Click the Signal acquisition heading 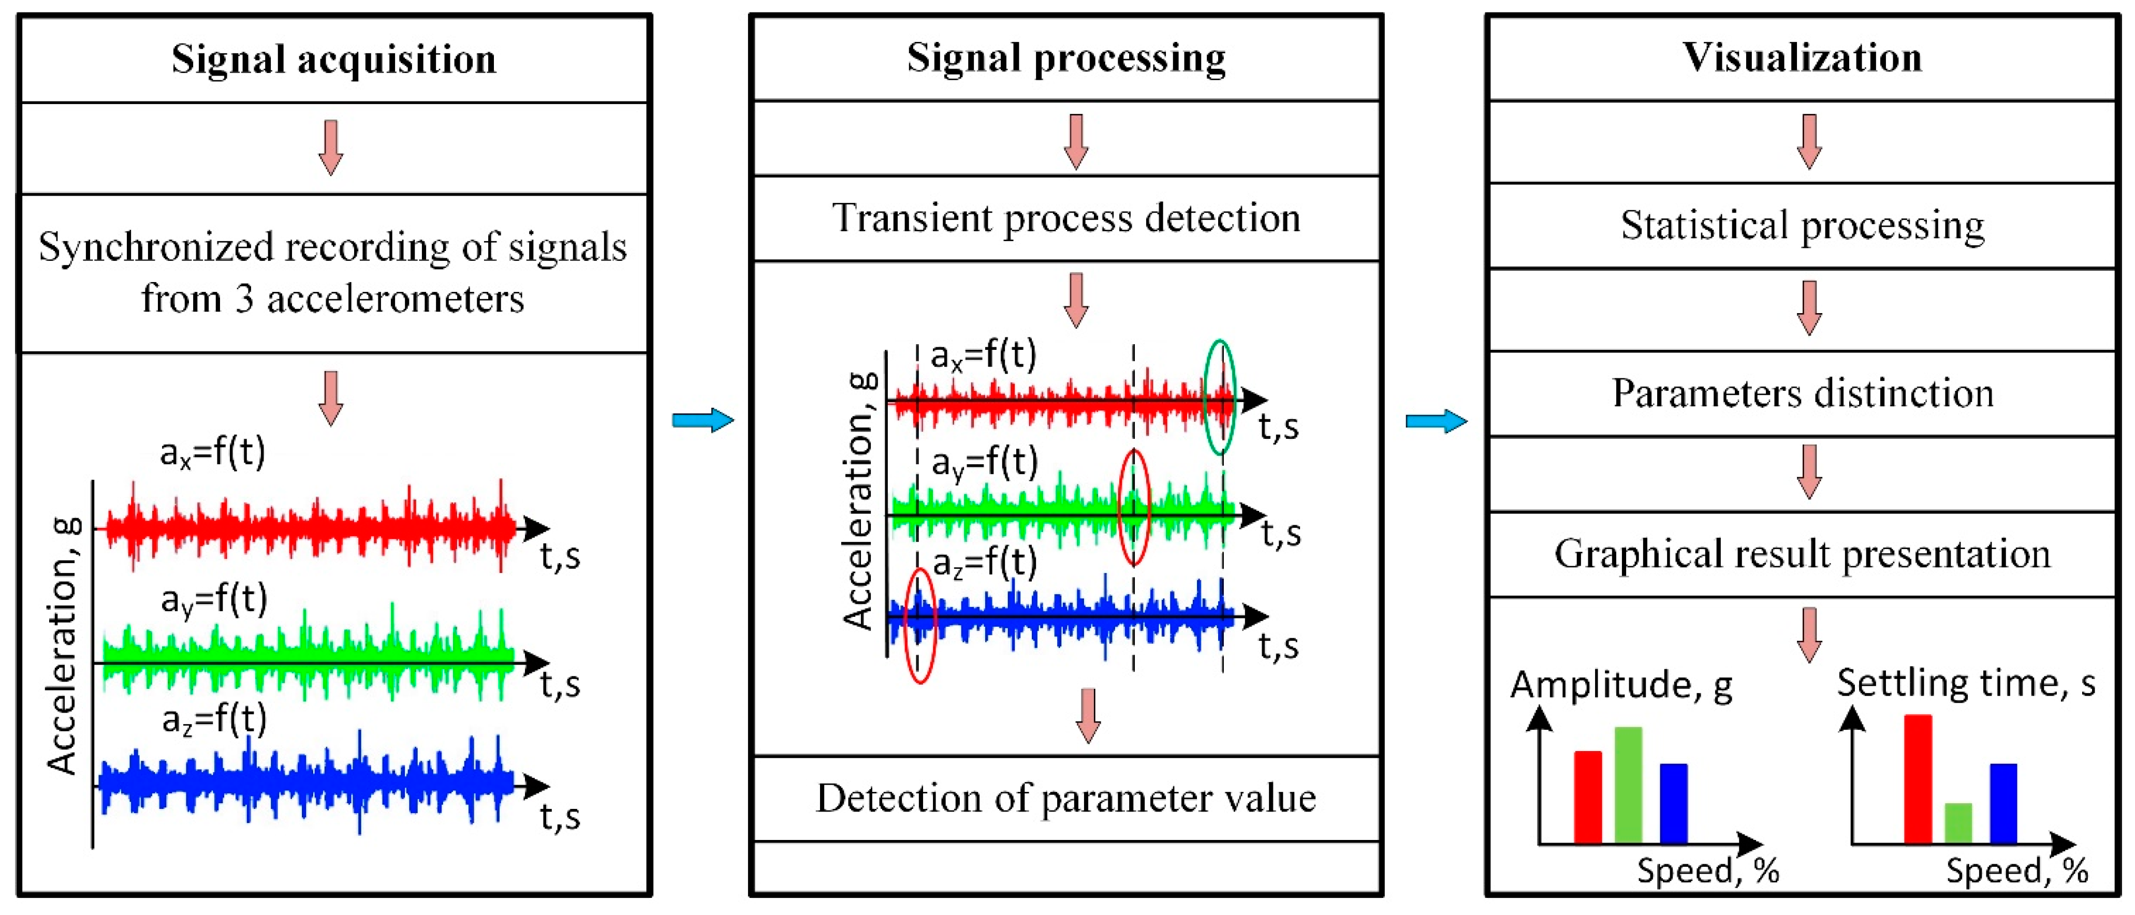333,60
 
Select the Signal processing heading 1066,58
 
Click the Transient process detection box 1066,218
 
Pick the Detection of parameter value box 1066,798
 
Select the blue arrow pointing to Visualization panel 1436,421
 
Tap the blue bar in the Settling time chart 2003,802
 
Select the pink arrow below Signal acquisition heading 331,146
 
